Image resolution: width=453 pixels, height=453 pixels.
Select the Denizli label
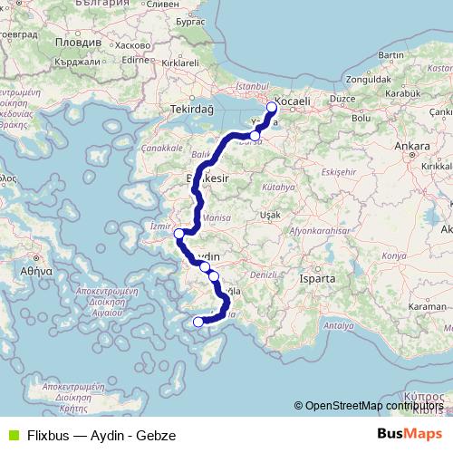click(x=262, y=273)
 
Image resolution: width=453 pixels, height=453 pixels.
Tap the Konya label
click(x=393, y=255)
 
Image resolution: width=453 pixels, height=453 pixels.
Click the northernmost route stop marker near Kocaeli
click(x=271, y=106)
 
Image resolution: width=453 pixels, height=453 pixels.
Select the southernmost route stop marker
click(x=198, y=321)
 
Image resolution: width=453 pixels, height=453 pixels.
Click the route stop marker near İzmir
click(x=178, y=234)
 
